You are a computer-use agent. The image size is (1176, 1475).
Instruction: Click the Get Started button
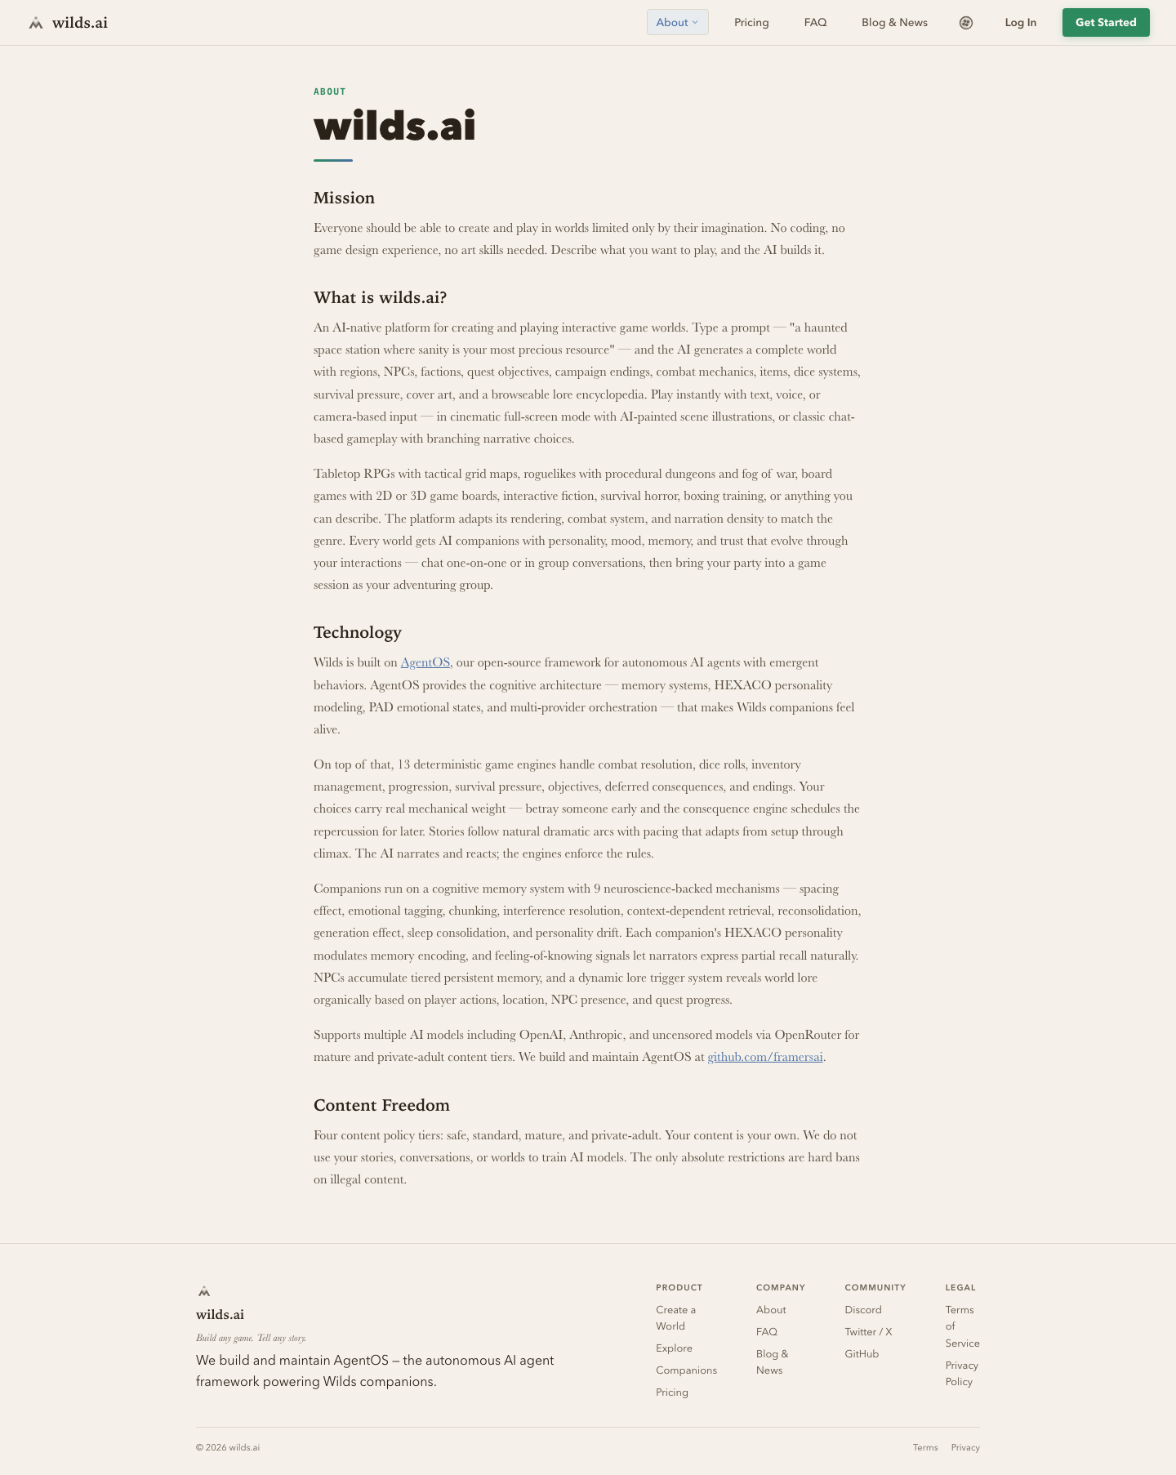click(x=1105, y=23)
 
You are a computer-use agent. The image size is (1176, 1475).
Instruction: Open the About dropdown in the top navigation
click(x=677, y=23)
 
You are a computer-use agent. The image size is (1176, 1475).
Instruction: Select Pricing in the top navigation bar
click(x=751, y=23)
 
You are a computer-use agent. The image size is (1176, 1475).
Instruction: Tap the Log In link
click(x=1020, y=23)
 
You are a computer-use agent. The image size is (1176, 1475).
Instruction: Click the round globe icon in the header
click(x=965, y=23)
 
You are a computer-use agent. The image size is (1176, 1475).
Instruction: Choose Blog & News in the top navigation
click(x=894, y=23)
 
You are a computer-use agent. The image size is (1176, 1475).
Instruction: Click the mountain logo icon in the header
click(x=36, y=23)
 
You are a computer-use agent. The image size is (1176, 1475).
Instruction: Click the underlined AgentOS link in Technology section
click(x=425, y=662)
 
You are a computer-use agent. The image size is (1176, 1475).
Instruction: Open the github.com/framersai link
click(x=764, y=1057)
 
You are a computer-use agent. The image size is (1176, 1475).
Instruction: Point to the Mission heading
click(x=344, y=198)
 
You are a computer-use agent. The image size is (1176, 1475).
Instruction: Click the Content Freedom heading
click(x=381, y=1105)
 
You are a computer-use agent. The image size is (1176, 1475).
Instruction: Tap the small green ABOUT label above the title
click(x=329, y=91)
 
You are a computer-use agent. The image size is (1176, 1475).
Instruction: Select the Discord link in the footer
click(x=862, y=1309)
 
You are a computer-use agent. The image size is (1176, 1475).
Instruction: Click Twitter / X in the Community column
click(x=868, y=1331)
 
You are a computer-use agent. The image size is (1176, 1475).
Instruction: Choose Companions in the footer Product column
click(x=686, y=1370)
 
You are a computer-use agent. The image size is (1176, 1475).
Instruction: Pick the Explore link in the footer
click(x=674, y=1348)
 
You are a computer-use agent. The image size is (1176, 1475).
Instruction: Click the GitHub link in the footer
click(x=862, y=1353)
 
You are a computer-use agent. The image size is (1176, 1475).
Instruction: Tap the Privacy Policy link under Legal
click(x=961, y=1373)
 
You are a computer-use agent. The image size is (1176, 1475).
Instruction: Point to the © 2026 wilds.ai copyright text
click(x=228, y=1447)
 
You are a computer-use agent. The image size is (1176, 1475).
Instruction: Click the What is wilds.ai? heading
click(x=380, y=297)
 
